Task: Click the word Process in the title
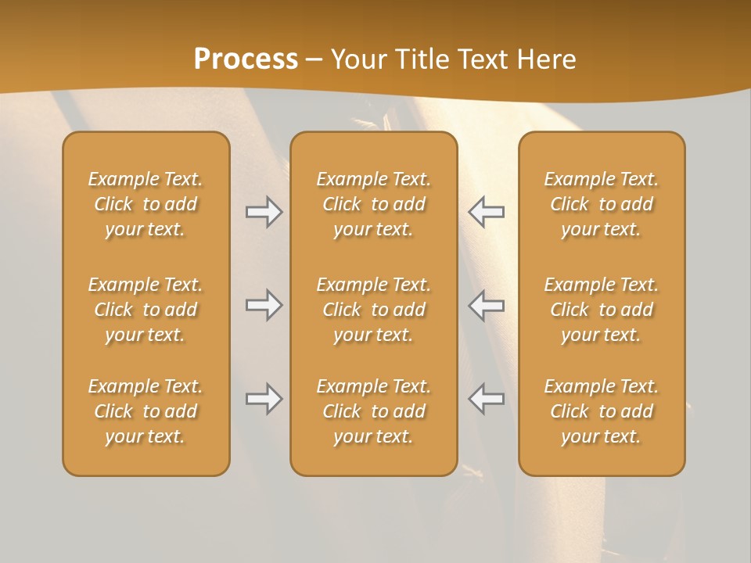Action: click(246, 59)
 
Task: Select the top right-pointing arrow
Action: click(264, 212)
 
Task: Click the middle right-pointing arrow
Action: click(264, 305)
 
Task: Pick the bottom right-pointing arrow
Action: click(264, 399)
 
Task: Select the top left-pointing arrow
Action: click(487, 212)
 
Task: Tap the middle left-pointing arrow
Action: click(487, 305)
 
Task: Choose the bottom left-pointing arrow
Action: click(487, 399)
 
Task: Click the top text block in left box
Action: click(146, 204)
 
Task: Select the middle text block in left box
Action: click(146, 310)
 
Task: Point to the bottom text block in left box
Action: click(146, 411)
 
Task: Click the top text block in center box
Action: click(374, 204)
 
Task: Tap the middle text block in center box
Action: click(374, 310)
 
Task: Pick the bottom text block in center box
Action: click(374, 411)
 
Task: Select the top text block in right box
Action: click(602, 204)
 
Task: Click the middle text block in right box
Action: click(602, 310)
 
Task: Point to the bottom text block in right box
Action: click(602, 411)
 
